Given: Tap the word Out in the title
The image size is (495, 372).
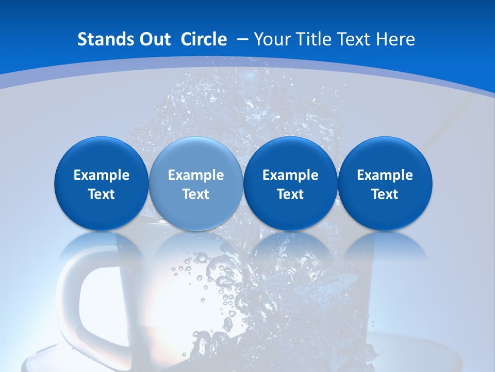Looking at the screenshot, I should click(x=154, y=39).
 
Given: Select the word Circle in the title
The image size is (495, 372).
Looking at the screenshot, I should click(x=204, y=39).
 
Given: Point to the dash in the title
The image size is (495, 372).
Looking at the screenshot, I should click(x=243, y=39).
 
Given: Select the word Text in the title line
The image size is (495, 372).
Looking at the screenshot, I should click(x=357, y=39).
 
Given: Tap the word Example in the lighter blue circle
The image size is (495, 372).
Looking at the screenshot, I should click(x=196, y=175).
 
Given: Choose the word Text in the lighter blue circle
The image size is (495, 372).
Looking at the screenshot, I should click(x=196, y=194).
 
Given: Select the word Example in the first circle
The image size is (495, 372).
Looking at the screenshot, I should click(x=102, y=175).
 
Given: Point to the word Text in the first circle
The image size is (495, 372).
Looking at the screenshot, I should click(x=102, y=194).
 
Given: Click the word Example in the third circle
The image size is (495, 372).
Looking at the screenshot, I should click(x=290, y=175).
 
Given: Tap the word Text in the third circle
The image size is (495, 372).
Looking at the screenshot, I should click(x=290, y=194).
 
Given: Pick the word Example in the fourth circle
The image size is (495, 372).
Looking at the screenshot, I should click(x=385, y=175).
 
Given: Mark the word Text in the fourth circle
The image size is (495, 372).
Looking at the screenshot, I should click(x=385, y=194).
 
